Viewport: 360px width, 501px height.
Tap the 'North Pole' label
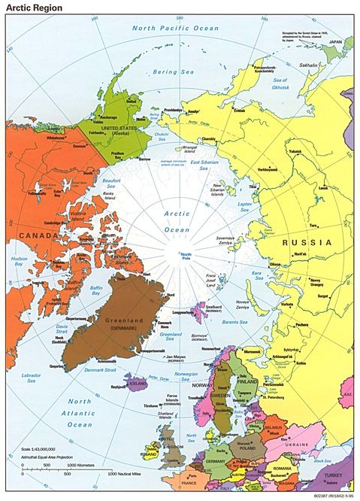(x=186, y=257)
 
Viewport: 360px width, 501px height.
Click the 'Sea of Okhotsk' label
(x=301, y=82)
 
